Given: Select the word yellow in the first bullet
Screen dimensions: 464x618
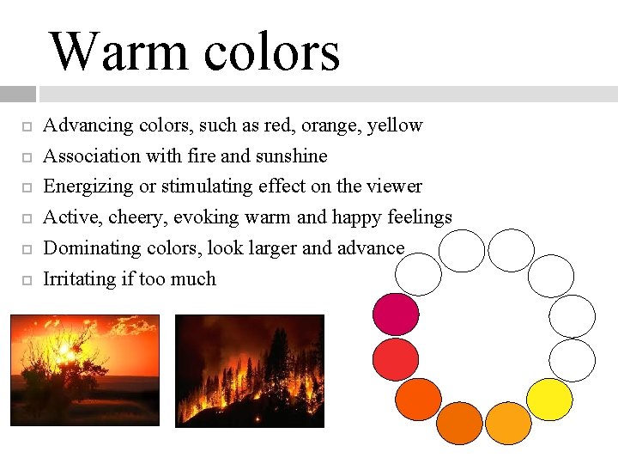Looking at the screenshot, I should click(x=395, y=125).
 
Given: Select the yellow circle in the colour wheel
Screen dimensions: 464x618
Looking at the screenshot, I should click(x=549, y=400).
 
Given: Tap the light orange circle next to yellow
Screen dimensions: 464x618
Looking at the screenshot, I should click(x=508, y=423).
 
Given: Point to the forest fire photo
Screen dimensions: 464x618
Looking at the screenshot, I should click(x=250, y=370).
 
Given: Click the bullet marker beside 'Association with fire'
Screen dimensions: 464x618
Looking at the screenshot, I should click(x=27, y=156).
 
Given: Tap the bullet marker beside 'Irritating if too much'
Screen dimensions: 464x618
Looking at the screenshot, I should click(x=27, y=280).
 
